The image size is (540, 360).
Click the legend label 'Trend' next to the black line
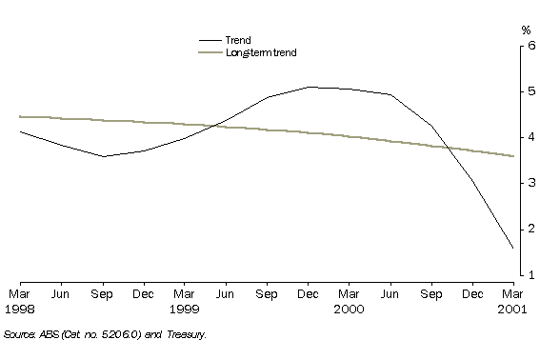pos(237,40)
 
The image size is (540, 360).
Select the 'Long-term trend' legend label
pos(261,52)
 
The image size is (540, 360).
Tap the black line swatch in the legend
pos(210,40)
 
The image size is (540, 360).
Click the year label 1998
pos(20,310)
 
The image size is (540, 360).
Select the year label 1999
pos(184,310)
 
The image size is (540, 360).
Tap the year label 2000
pos(348,310)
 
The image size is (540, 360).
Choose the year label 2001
pos(512,310)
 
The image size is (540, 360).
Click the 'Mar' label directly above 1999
pos(184,295)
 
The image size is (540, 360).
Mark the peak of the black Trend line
pos(308,87)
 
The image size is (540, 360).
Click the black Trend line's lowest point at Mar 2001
pos(512,248)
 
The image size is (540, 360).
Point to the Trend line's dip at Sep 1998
pos(102,156)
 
